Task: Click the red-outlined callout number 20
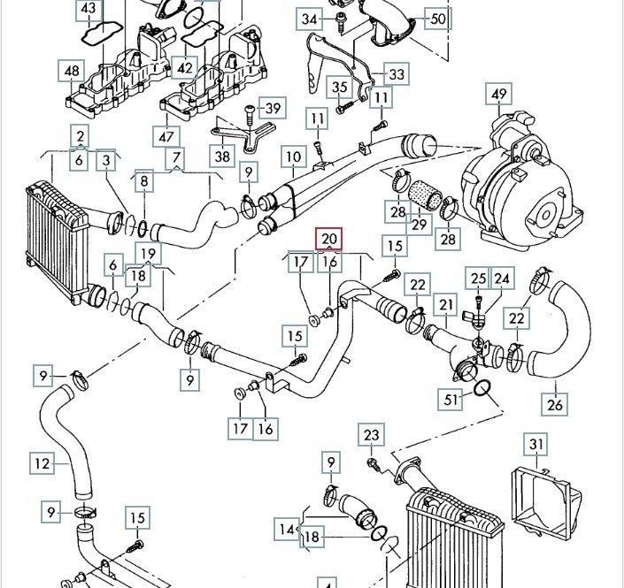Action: pos(328,239)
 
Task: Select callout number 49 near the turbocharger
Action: pos(499,95)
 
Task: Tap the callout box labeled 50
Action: pos(437,18)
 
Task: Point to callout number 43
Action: pos(88,10)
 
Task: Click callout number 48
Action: pos(72,70)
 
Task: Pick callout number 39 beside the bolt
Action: pos(273,108)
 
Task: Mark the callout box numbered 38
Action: pos(221,155)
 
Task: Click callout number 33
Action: pos(396,75)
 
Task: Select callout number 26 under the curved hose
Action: pos(555,407)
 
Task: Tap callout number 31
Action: pos(535,444)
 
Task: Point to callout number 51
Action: pos(452,400)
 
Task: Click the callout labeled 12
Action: pos(42,462)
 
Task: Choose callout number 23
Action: pos(371,435)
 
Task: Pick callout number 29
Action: pos(419,225)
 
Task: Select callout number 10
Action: pos(293,158)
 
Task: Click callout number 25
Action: pos(478,279)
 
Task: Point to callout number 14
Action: pos(285,530)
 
